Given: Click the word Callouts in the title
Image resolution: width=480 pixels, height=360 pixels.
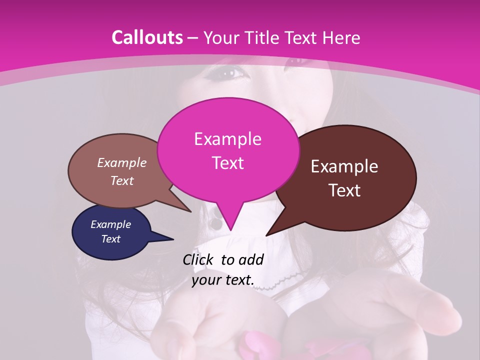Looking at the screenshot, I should point(147,37).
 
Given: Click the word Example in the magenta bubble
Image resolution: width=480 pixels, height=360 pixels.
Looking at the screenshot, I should point(227,139).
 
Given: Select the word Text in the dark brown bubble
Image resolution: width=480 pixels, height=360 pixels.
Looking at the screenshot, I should point(345,190).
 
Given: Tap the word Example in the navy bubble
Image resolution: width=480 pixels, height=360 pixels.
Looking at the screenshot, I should point(111,224).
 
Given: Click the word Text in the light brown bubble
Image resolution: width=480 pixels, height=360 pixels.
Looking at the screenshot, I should point(122,181).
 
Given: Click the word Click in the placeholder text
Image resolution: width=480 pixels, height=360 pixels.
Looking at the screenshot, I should point(198,259).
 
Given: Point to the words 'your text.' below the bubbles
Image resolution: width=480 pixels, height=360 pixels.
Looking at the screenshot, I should point(222,280).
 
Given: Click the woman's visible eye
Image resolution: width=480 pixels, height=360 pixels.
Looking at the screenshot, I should point(229,73).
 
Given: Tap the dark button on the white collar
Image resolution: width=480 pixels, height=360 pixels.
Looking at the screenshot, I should point(215,223).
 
